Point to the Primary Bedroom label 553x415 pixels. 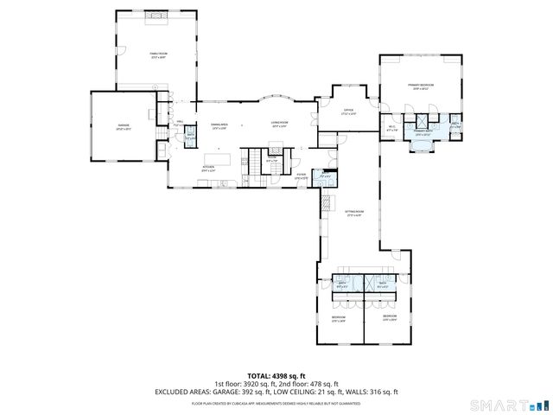pyautogui.click(x=423, y=86)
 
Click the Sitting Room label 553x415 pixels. pyautogui.click(x=355, y=213)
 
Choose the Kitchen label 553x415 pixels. pyautogui.click(x=208, y=168)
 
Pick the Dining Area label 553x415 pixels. pyautogui.click(x=219, y=125)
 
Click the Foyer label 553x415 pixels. pyautogui.click(x=302, y=176)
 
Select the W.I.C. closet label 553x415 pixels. pyautogui.click(x=391, y=128)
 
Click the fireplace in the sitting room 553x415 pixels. pyautogui.click(x=327, y=203)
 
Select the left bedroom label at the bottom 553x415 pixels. pyautogui.click(x=339, y=319)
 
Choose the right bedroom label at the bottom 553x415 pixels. pyautogui.click(x=388, y=319)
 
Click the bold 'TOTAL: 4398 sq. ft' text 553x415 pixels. pyautogui.click(x=276, y=375)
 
